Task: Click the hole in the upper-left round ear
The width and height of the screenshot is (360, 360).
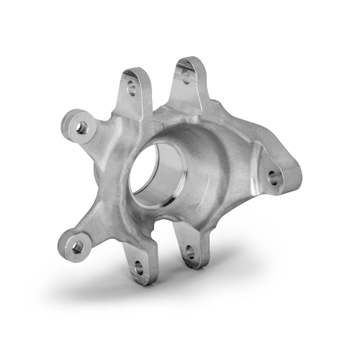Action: pyautogui.click(x=81, y=127)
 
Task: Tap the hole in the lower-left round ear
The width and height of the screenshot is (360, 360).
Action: pyautogui.click(x=77, y=246)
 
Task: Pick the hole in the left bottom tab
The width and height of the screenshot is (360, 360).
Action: pyautogui.click(x=138, y=269)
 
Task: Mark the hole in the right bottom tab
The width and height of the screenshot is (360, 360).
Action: pyautogui.click(x=189, y=252)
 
